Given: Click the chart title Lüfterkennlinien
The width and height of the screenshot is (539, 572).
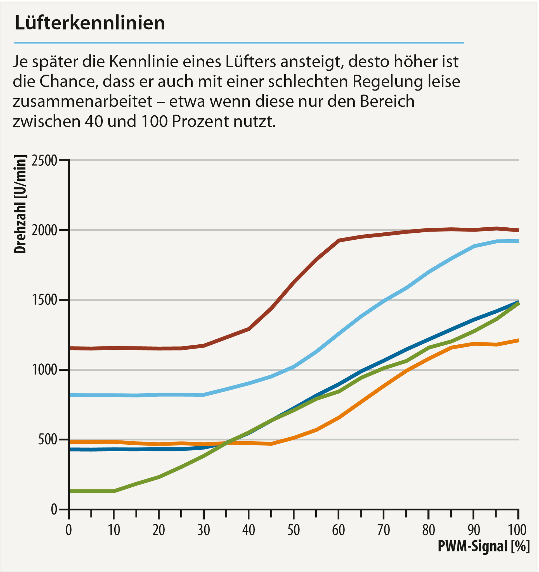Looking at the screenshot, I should point(90,23).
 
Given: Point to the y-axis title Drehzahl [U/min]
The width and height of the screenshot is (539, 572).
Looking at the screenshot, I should point(20,204).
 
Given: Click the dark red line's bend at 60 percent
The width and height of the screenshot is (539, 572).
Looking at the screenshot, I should point(339,240).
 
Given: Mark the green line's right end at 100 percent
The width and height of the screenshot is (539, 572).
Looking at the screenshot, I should point(518,303).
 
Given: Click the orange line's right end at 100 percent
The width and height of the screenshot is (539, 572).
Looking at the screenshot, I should point(518,341).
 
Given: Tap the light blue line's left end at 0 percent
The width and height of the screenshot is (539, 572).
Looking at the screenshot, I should point(70,395).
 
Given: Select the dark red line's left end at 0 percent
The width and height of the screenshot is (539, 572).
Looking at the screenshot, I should point(70,348).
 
